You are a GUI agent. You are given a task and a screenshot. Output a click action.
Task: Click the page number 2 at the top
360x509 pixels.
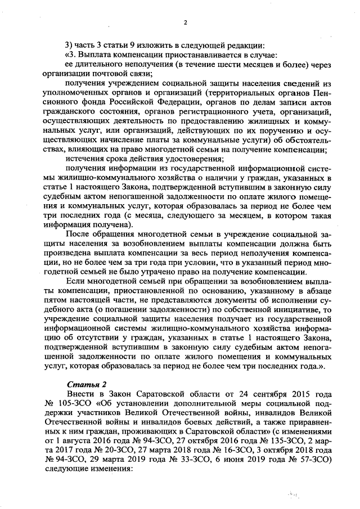pyautogui.click(x=184, y=22)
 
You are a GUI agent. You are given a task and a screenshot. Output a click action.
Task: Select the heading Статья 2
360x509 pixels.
pyautogui.click(x=82, y=384)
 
